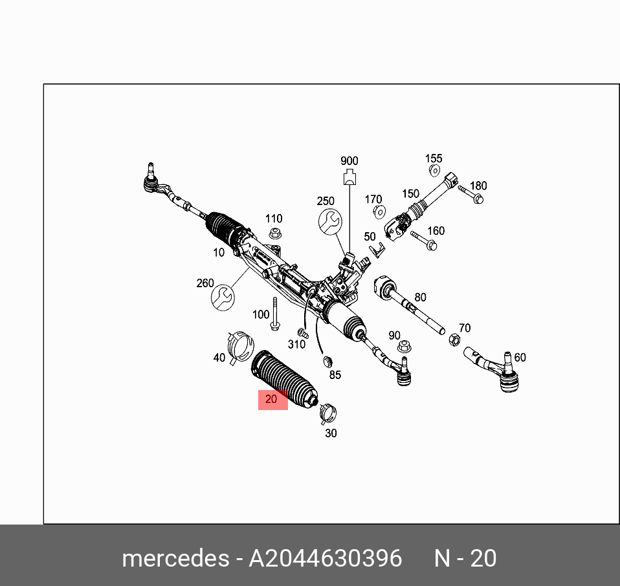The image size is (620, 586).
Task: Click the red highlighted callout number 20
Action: click(272, 400)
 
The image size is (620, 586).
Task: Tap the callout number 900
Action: click(349, 161)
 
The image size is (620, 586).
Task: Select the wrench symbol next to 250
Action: click(330, 221)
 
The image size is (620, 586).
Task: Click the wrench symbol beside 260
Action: click(223, 296)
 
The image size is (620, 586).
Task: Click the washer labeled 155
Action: click(434, 171)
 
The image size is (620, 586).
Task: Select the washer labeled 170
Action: click(381, 212)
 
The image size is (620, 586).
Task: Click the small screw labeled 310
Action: click(301, 332)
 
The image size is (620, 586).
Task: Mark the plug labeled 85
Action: click(327, 360)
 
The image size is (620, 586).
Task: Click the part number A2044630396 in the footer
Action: click(326, 558)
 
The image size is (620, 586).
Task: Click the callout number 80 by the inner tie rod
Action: click(421, 298)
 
